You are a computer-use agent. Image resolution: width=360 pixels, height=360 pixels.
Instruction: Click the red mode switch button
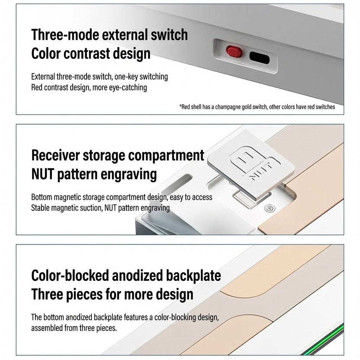234,51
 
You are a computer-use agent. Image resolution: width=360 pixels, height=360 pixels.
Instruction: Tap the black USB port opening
260,58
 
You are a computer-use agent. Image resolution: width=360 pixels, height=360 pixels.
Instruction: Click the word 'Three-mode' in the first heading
65,35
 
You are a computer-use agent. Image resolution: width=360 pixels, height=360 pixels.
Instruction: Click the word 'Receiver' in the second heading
55,155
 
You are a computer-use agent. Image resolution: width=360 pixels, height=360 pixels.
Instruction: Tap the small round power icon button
270,209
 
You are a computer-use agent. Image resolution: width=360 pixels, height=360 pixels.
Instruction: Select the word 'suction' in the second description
91,208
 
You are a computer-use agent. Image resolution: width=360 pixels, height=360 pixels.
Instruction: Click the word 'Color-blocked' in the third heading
70,276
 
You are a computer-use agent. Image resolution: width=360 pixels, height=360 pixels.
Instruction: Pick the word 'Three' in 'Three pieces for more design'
47,294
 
